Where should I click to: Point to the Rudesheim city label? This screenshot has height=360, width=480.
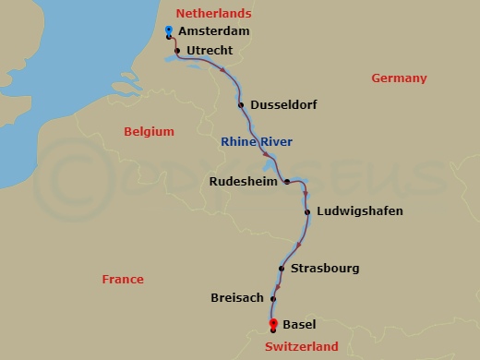coord(245,181)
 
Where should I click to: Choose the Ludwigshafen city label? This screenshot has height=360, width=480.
coord(359,211)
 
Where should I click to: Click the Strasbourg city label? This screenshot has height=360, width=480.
coord(324,269)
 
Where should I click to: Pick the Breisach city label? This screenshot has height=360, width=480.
coord(237,298)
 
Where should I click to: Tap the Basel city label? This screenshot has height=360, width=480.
coord(300,325)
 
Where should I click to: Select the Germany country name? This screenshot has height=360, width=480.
coord(399,78)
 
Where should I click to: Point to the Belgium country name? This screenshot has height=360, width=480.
coord(149,132)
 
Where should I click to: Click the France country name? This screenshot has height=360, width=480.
coord(123,279)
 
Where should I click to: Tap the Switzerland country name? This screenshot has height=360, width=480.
coord(301,346)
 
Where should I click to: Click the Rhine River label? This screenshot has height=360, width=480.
coord(257,142)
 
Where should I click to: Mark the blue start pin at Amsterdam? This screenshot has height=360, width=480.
coord(168,31)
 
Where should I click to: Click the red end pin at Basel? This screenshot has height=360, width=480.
coord(272,323)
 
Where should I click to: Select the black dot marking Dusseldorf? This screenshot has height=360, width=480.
coord(241,105)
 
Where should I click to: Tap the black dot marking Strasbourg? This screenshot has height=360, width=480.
coord(282,269)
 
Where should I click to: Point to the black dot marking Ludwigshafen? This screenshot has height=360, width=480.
coord(306,211)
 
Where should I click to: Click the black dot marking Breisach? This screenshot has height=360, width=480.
coord(272,298)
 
